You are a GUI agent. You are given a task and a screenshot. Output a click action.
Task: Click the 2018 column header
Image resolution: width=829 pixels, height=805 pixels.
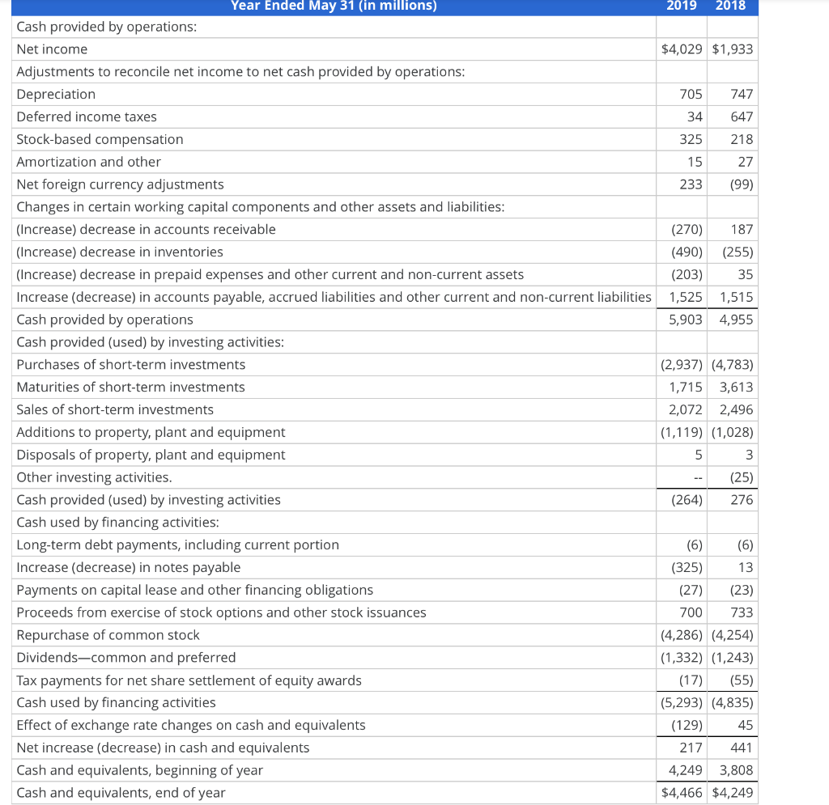click(x=732, y=6)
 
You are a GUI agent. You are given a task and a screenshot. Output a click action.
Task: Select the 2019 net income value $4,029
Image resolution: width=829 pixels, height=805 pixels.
click(x=682, y=49)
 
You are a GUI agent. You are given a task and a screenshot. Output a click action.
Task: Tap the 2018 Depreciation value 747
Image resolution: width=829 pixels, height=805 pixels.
click(x=742, y=95)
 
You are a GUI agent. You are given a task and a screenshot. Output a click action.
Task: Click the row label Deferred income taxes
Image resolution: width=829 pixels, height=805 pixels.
click(x=87, y=117)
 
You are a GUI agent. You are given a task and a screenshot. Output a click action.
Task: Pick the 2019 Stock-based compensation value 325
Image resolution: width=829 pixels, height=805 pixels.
click(x=691, y=140)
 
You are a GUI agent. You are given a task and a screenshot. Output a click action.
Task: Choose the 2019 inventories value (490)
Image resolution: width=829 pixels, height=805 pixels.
click(x=687, y=252)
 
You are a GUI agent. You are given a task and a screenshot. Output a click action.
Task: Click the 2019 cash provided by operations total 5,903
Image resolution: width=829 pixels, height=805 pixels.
click(x=685, y=320)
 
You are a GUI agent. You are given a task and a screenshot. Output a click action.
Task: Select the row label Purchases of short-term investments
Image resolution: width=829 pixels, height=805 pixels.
click(x=131, y=365)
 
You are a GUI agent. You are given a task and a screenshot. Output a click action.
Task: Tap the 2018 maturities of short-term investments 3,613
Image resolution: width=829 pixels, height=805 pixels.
click(x=736, y=388)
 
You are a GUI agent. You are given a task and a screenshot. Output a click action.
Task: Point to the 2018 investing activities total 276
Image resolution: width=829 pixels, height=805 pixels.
click(x=742, y=500)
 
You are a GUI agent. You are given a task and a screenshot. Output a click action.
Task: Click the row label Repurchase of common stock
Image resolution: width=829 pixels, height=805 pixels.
click(x=108, y=635)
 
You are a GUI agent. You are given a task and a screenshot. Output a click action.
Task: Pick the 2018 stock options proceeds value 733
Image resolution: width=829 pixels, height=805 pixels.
click(x=742, y=612)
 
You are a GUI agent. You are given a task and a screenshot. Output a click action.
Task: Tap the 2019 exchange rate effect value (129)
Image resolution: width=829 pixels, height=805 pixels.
click(x=687, y=726)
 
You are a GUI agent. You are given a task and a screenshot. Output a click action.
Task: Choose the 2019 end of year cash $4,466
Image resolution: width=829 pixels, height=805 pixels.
click(x=682, y=793)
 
